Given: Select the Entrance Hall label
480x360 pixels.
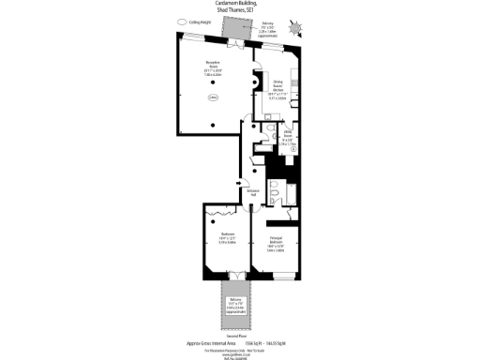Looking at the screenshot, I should pos(252,191).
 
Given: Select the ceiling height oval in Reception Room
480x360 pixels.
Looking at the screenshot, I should pos(214,96).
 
